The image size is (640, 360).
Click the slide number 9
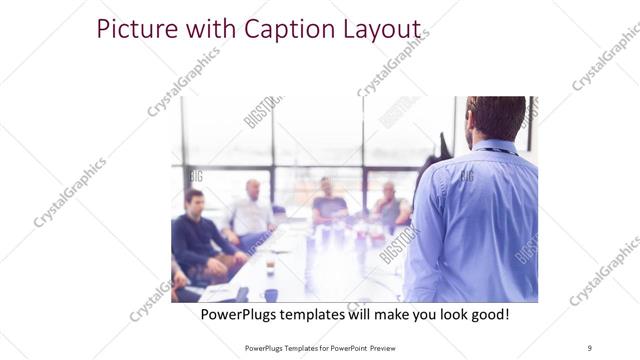pos(589,347)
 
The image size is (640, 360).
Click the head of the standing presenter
pos(497,118)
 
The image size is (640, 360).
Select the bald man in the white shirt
pos(250,210)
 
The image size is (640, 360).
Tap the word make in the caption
pos(405,314)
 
